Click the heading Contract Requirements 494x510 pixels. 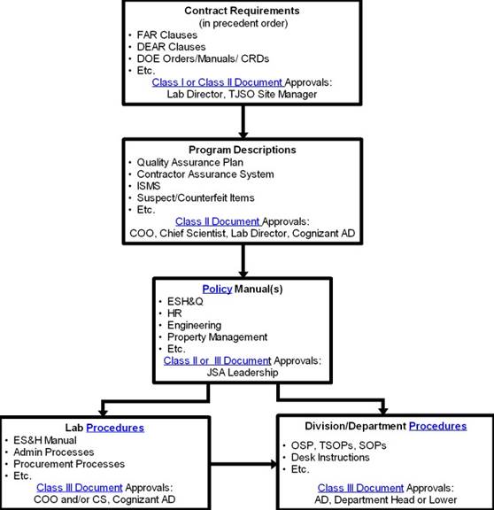click(242, 11)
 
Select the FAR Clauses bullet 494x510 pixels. click(166, 35)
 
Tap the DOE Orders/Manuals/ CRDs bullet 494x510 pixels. click(203, 58)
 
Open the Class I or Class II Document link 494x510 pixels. click(217, 82)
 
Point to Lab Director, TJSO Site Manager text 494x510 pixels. click(242, 94)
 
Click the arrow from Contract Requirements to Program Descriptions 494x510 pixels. click(243, 121)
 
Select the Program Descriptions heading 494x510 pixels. click(243, 150)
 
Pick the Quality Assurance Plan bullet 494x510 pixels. click(189, 162)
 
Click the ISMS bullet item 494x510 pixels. click(149, 186)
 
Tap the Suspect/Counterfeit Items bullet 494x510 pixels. click(196, 197)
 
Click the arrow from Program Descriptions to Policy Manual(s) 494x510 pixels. click(243, 261)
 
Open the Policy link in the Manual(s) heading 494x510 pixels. click(217, 289)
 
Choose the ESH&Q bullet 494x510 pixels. click(185, 301)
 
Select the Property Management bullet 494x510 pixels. click(217, 337)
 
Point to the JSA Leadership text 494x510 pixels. click(243, 373)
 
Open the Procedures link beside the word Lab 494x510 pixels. click(115, 428)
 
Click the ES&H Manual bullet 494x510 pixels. click(45, 440)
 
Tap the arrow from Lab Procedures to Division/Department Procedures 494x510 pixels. click(243, 464)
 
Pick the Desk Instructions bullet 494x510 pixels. click(330, 457)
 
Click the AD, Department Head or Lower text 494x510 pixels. click(385, 499)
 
